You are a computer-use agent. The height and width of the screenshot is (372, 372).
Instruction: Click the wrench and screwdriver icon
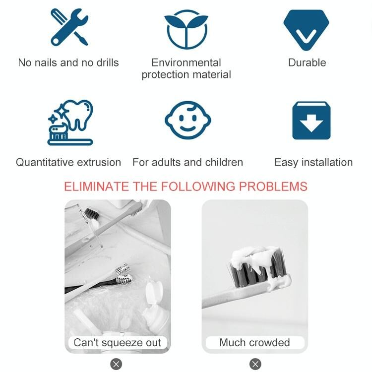coord(69,27)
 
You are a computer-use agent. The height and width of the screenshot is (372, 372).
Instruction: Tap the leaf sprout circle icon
coord(186,29)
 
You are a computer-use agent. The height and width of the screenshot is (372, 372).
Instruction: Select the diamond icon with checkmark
coord(306,30)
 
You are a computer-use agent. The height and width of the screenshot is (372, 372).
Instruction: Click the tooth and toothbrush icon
coord(70,123)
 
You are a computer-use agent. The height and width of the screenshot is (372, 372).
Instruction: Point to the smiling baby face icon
coord(187,120)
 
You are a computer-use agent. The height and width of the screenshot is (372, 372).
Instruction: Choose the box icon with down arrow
coord(311,121)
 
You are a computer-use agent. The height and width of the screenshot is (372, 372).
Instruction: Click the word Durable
coord(307,62)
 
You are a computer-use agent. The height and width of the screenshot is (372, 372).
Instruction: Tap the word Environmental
coord(186,62)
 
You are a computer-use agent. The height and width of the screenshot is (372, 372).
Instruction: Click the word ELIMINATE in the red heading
coord(96,186)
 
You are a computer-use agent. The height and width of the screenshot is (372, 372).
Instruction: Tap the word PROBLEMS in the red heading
coord(273,186)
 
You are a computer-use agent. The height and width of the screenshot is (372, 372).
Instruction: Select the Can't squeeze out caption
coord(118,343)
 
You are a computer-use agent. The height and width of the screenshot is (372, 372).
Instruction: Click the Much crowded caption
coord(254,343)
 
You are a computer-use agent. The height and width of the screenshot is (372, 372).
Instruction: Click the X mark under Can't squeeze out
coord(116,364)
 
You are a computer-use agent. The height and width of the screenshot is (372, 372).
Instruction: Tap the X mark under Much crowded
coord(255,364)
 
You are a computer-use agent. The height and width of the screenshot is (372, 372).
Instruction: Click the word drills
coord(108,62)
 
